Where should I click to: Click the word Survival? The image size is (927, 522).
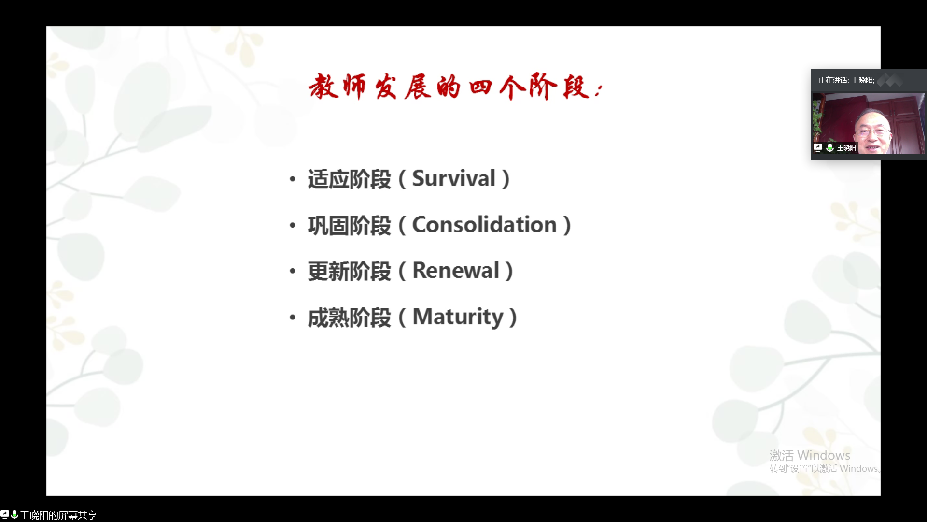coord(454,178)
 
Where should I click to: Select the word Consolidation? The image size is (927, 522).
coord(484,225)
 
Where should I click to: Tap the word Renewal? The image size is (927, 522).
coord(456,271)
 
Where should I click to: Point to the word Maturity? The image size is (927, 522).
coord(458,318)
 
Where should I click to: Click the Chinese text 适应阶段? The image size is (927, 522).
coord(350,179)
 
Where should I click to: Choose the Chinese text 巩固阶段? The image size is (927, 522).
coord(350,226)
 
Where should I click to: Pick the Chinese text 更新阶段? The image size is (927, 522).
coord(350,272)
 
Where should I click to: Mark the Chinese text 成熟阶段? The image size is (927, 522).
coord(350,318)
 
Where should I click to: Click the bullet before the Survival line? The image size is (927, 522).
coord(292,179)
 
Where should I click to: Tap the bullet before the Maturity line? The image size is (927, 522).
coord(292,318)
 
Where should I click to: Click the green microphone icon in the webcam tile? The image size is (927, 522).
coord(830,148)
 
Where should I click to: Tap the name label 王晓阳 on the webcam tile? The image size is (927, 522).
coord(846,148)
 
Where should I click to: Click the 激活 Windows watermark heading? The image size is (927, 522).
coord(810,455)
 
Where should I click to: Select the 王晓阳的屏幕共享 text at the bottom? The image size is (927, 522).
coord(58,515)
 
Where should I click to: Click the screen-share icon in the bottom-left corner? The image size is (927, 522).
coord(5,515)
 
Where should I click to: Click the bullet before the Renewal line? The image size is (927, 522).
coord(292,271)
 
